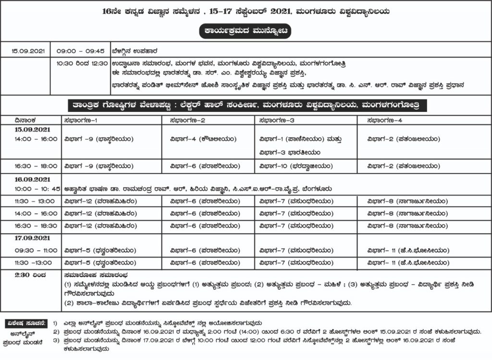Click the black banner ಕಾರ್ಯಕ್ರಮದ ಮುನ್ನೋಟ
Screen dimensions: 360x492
point(246,32)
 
